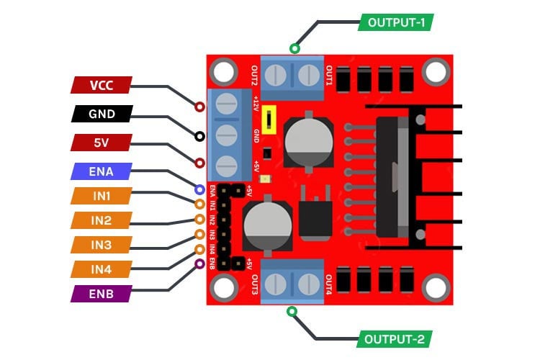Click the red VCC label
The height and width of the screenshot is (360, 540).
[102, 85]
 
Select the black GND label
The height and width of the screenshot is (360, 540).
[102, 114]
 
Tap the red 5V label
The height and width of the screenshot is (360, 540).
[102, 143]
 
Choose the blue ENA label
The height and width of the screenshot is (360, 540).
[102, 171]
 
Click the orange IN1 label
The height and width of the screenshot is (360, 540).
[102, 196]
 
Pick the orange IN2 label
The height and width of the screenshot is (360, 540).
[102, 220]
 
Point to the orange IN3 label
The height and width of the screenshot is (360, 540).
[102, 246]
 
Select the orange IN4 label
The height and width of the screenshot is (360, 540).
[102, 269]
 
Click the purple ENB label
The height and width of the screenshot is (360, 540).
[102, 294]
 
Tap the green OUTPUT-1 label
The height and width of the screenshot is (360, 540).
[395, 22]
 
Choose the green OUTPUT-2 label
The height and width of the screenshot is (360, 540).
[395, 338]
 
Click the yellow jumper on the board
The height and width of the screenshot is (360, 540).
[269, 119]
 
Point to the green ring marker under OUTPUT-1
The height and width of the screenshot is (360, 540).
[294, 49]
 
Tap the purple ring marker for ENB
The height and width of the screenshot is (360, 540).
[199, 264]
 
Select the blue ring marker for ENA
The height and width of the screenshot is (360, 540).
[199, 189]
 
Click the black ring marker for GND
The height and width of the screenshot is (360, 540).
[199, 135]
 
